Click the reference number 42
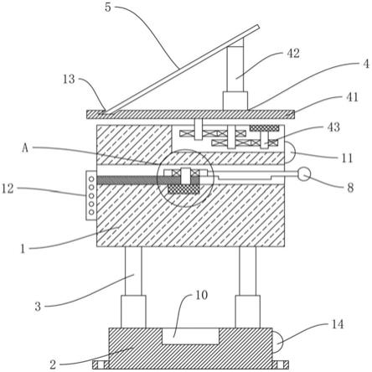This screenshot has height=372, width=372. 293,54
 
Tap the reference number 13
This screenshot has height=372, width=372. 69,80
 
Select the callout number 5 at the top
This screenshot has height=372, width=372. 108,8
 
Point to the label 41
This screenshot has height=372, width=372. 352,97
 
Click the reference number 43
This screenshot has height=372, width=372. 333,127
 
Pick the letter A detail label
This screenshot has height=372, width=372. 25,148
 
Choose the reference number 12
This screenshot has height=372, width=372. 8,189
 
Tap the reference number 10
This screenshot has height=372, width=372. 201,295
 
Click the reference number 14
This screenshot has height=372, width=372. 338,324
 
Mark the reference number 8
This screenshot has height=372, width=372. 350,188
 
